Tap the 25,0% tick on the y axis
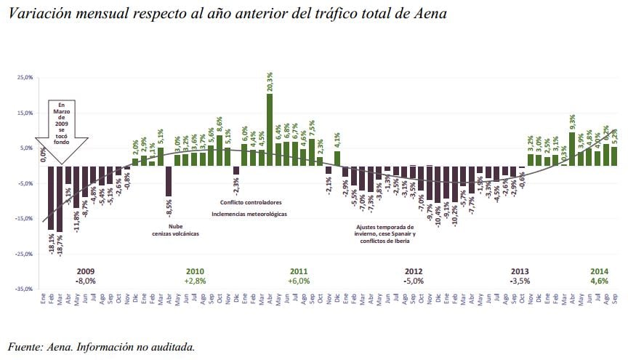(24, 78)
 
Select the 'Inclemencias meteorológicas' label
(249, 215)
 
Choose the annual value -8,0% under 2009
(86, 281)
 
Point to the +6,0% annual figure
(299, 281)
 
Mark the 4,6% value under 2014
(599, 281)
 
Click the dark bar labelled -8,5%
(169, 181)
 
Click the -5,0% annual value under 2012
(414, 281)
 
